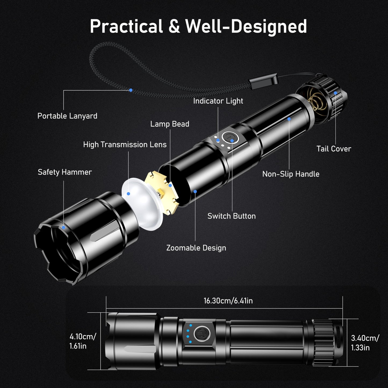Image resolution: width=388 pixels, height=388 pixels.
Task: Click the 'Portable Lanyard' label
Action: click(x=67, y=116)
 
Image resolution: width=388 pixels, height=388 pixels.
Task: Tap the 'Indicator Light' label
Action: click(x=218, y=101)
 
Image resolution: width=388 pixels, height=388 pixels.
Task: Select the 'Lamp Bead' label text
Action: click(x=170, y=124)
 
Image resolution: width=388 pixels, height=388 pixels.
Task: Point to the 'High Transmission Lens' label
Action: click(x=125, y=145)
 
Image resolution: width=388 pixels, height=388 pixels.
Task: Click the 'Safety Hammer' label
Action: click(x=65, y=172)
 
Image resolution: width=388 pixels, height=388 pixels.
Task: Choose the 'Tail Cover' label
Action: click(x=333, y=149)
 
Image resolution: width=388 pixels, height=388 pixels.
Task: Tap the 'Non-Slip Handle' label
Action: click(x=291, y=174)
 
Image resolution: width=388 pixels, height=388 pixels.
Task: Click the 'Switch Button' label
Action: click(x=231, y=216)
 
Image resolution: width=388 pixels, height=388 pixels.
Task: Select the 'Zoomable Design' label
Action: click(x=196, y=248)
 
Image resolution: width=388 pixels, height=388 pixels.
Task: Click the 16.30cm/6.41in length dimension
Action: click(x=228, y=301)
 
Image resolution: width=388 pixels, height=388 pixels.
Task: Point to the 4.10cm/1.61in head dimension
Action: click(x=82, y=341)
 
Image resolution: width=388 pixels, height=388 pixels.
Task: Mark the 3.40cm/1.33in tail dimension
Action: click(x=365, y=343)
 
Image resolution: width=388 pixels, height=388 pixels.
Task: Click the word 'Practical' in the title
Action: click(x=126, y=26)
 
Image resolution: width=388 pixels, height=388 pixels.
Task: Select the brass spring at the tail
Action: click(x=318, y=101)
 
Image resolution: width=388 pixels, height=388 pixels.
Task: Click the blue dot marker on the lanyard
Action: click(x=131, y=90)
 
